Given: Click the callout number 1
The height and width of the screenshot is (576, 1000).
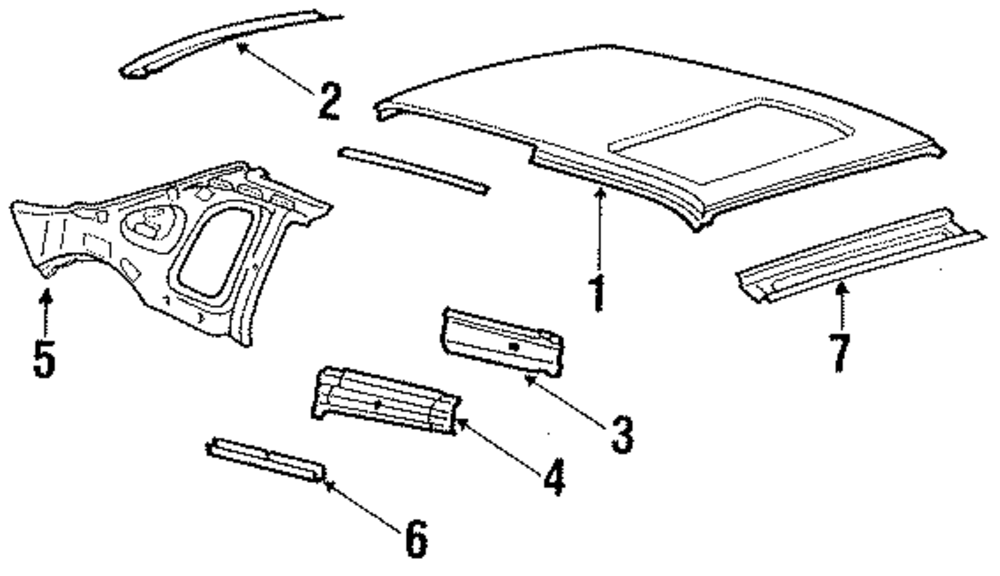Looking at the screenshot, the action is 597,294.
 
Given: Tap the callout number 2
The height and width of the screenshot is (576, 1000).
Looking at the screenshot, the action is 328,101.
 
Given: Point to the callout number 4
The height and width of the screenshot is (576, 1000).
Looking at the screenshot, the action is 553,478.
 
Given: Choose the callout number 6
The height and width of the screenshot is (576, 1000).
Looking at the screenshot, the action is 416,539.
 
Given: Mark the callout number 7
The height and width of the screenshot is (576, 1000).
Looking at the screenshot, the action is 839,352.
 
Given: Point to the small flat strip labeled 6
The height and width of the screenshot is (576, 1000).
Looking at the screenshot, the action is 266,459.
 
